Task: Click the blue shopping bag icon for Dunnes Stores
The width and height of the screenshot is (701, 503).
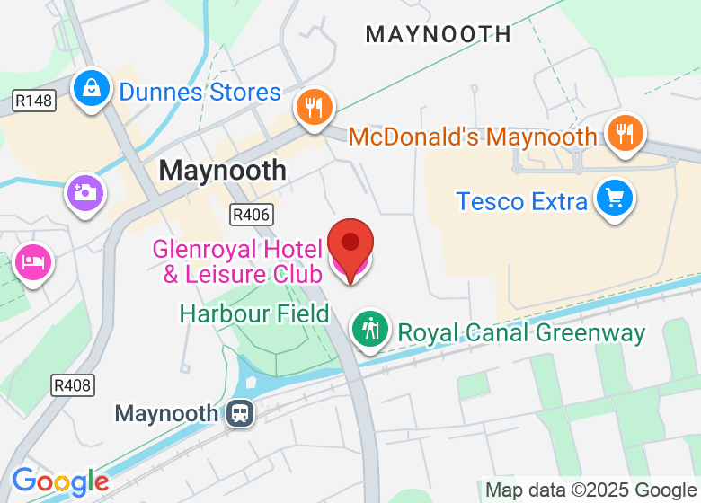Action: click(x=93, y=88)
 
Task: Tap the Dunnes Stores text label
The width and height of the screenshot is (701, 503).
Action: click(x=200, y=93)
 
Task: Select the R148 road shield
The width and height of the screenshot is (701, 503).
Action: click(x=34, y=101)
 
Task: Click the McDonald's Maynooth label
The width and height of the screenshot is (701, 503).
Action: click(x=472, y=137)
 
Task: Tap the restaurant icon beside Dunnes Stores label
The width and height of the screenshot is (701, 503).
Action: click(x=314, y=108)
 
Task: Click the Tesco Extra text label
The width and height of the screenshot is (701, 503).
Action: click(x=521, y=200)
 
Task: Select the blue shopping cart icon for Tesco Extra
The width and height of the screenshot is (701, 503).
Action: click(x=616, y=196)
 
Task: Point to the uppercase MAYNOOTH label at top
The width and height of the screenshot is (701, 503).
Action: click(x=438, y=35)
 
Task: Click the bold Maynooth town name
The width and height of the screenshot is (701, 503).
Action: click(x=223, y=169)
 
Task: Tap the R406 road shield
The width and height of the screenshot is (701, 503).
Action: click(x=251, y=215)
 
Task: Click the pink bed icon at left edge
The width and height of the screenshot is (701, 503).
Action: click(x=33, y=262)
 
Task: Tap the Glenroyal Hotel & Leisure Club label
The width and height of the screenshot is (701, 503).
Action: click(x=236, y=260)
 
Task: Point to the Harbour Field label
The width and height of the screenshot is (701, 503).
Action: click(x=254, y=313)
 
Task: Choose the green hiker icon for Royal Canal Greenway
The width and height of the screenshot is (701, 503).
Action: click(x=369, y=328)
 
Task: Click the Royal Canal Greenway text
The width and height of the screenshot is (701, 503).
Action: click(x=521, y=332)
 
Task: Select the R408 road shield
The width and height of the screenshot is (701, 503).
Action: click(x=72, y=385)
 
